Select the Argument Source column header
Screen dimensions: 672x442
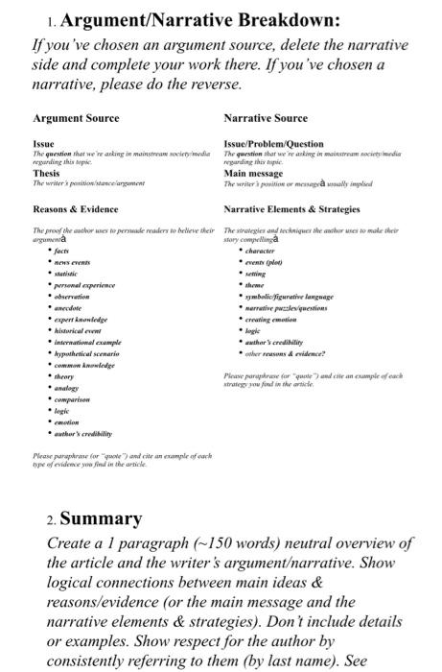tap(76, 118)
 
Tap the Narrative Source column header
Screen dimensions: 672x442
tap(266, 118)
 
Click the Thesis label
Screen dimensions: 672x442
tap(46, 173)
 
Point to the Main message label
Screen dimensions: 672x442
tap(254, 173)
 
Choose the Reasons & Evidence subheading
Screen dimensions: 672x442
tap(76, 208)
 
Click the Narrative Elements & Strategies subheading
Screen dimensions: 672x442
tap(291, 208)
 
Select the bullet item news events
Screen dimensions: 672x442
tap(73, 262)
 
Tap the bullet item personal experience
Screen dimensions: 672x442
tap(84, 285)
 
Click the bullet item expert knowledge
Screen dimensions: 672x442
tap(81, 320)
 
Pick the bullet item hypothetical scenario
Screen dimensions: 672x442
tap(87, 354)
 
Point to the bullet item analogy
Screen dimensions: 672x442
tap(67, 388)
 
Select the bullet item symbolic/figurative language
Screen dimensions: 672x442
tap(289, 297)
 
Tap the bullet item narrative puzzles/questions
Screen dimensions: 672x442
tap(287, 308)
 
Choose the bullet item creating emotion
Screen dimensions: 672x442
tap(272, 320)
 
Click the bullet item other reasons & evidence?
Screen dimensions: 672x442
tap(285, 354)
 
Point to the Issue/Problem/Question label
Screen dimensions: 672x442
tap(273, 144)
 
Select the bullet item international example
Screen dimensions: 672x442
tap(87, 343)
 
